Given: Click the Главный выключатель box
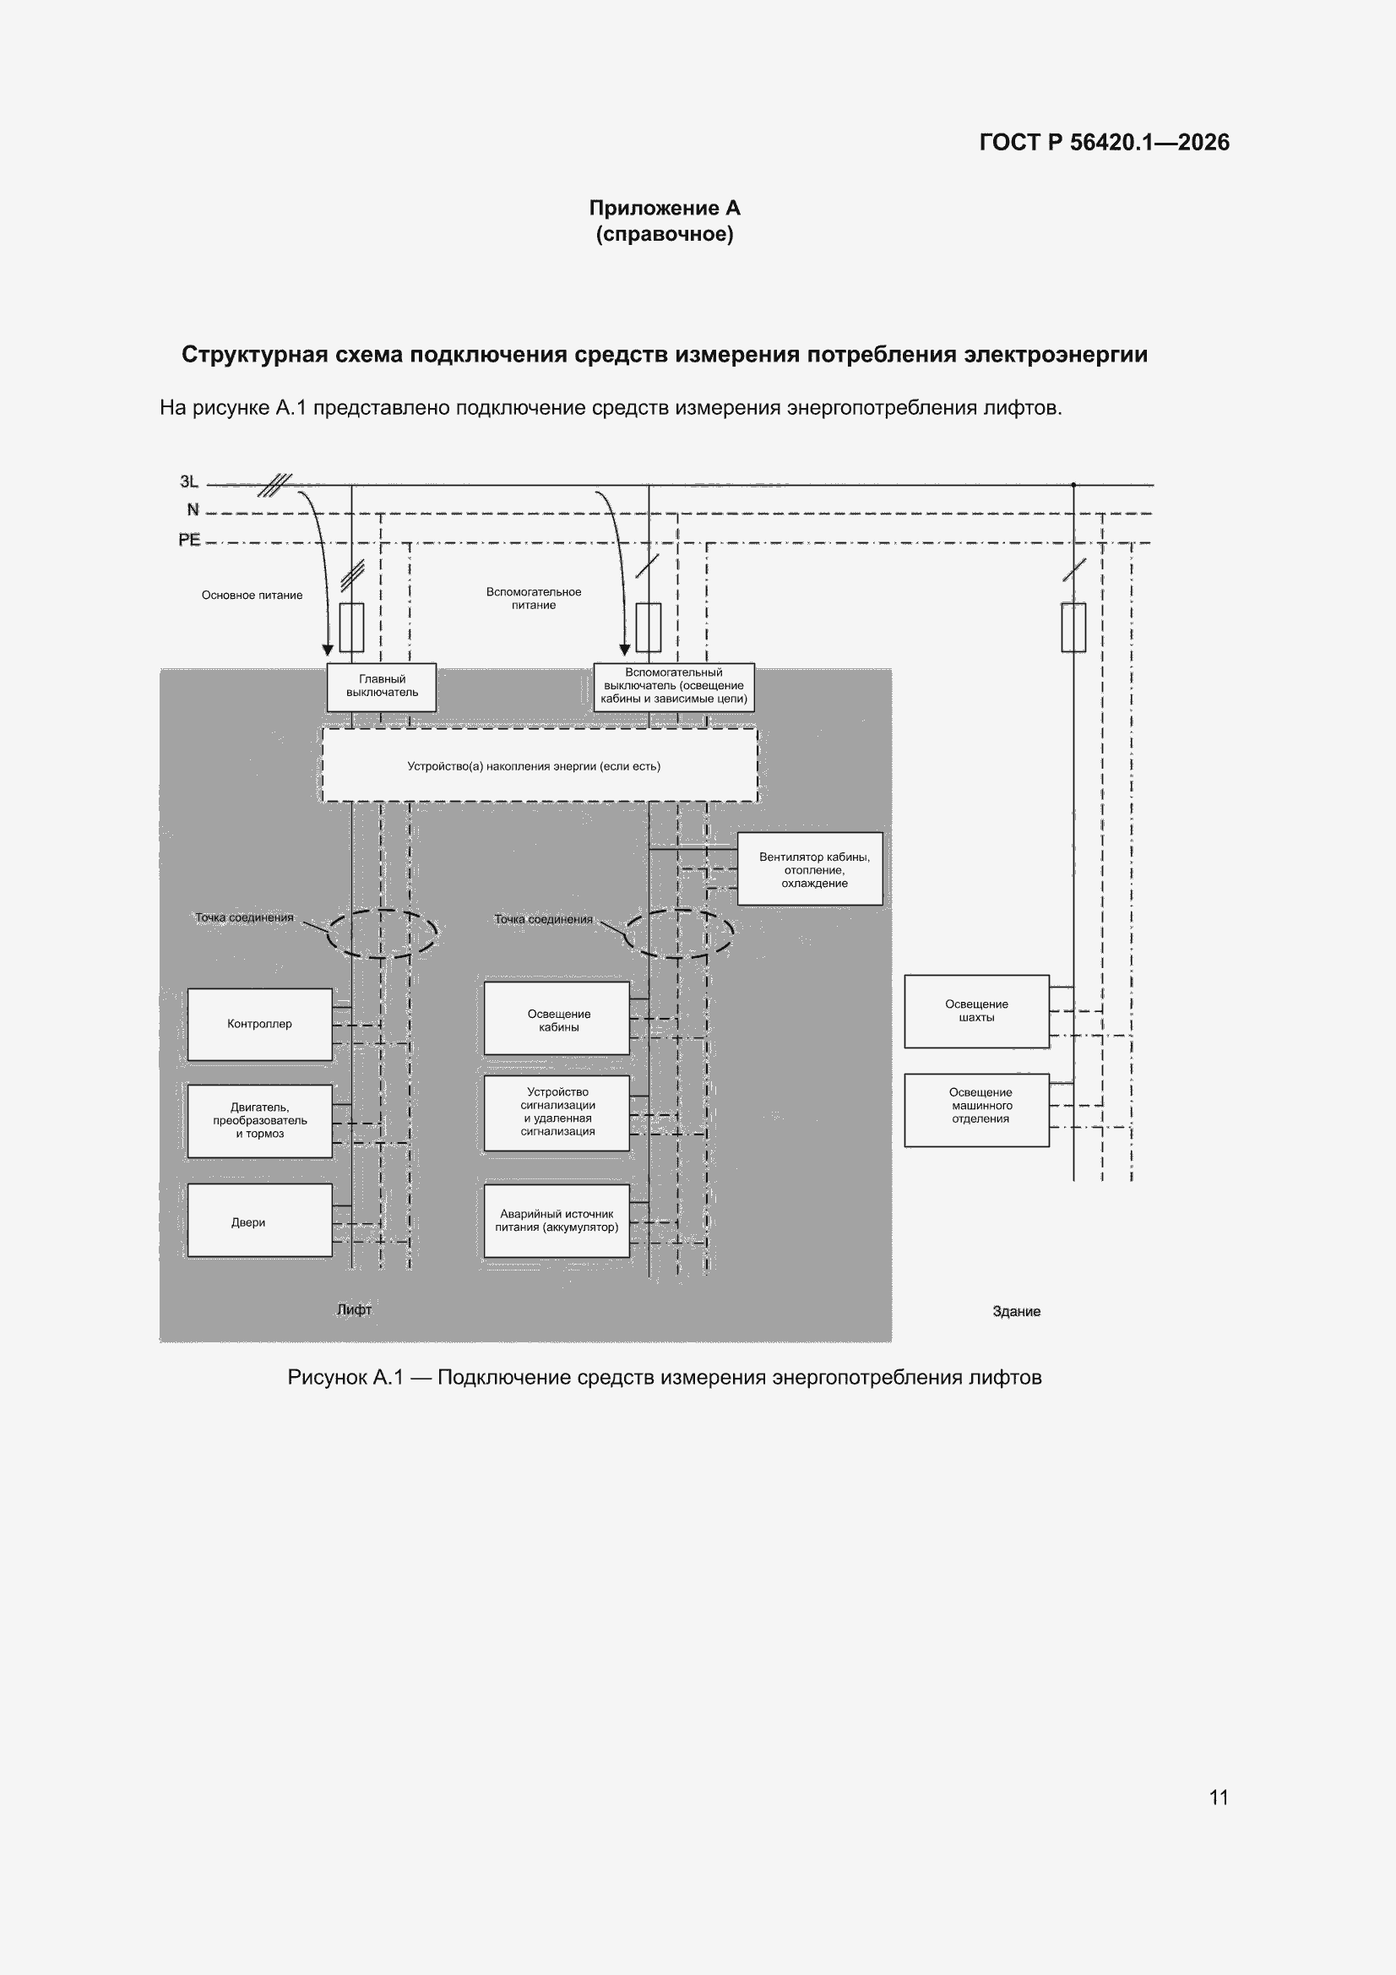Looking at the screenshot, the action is (381, 687).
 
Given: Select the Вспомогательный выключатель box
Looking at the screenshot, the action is (673, 687).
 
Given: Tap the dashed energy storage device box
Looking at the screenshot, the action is (540, 765).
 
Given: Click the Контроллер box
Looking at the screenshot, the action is (260, 1025).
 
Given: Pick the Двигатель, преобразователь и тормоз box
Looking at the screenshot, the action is (260, 1121).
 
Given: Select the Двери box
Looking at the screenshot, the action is (260, 1220).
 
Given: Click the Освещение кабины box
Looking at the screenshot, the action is (557, 1019).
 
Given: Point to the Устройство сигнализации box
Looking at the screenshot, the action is (557, 1113).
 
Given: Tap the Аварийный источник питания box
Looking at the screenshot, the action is (557, 1221).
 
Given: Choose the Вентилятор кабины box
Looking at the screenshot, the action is (810, 868).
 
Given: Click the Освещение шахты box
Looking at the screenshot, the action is (976, 1012).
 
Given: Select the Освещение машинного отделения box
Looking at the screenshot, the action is (976, 1110).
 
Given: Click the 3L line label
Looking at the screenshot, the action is (189, 482).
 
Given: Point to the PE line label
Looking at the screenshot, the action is (189, 539).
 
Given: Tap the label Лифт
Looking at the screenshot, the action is (355, 1309).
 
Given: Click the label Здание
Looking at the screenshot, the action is (1017, 1311).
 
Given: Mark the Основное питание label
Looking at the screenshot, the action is (252, 596).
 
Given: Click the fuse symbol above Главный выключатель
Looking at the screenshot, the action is (352, 627).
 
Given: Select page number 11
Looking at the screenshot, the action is (1219, 1797).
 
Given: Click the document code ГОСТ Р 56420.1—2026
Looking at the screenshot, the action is (1105, 142).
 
